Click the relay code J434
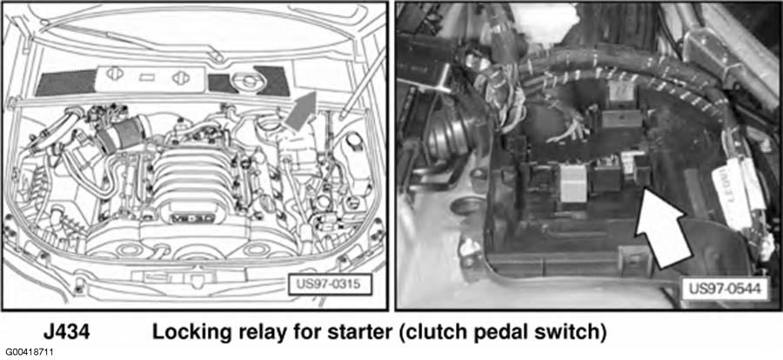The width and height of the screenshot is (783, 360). (66, 332)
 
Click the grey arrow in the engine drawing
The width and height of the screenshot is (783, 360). (299, 111)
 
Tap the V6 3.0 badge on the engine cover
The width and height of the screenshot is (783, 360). (184, 218)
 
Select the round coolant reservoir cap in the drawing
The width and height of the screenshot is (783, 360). (247, 80)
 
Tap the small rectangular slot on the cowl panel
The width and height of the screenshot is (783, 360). (148, 77)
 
